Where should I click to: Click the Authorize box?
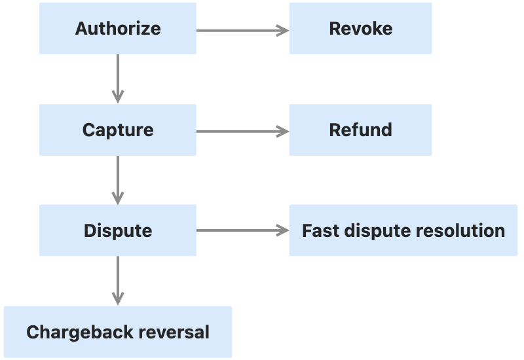(118, 29)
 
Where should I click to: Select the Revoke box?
(360, 29)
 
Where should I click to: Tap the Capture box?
(118, 130)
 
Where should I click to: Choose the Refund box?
(360, 130)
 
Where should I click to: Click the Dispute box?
(118, 230)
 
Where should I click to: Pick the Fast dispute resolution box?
(403, 230)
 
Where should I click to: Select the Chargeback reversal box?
(118, 332)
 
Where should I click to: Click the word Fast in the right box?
(317, 230)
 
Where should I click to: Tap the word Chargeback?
(69, 332)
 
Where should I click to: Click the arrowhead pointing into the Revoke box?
(283, 29)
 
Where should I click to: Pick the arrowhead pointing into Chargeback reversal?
(118, 299)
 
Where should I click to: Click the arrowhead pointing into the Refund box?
(283, 131)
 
